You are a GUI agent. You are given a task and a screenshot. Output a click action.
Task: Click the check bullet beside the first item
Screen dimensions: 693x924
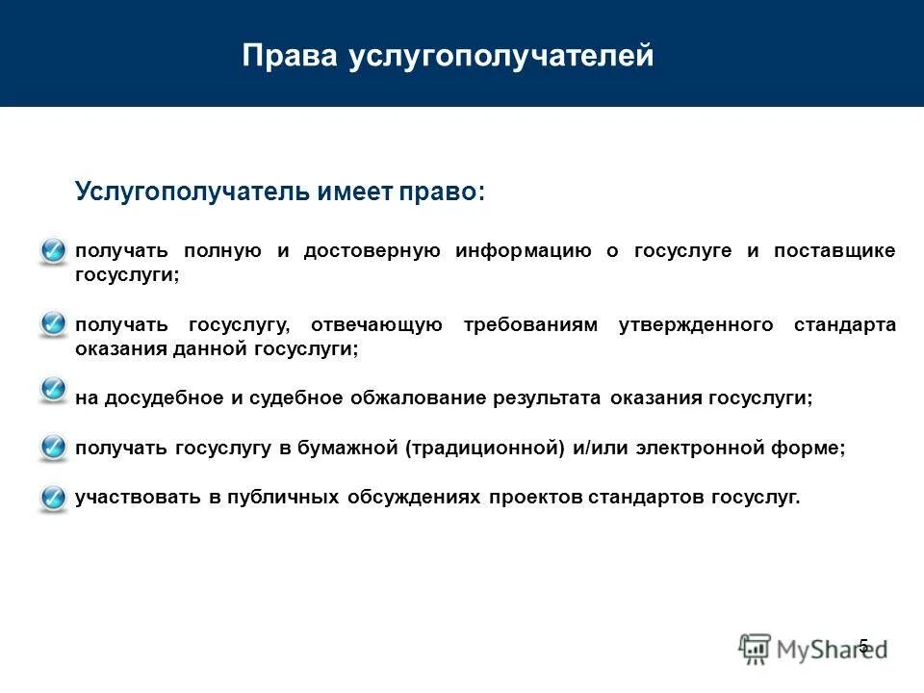click(53, 251)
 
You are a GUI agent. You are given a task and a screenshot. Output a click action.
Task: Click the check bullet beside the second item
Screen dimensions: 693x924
click(53, 325)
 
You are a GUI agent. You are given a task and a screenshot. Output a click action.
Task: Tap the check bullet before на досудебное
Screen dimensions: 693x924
click(53, 390)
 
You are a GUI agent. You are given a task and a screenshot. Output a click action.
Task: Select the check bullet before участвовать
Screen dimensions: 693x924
click(53, 498)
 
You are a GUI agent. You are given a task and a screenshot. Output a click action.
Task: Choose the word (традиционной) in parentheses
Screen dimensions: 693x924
click(483, 449)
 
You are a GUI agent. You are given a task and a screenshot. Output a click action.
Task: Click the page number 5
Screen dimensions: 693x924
click(863, 646)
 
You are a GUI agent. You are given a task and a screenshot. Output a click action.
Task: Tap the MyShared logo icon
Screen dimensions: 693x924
click(756, 649)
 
